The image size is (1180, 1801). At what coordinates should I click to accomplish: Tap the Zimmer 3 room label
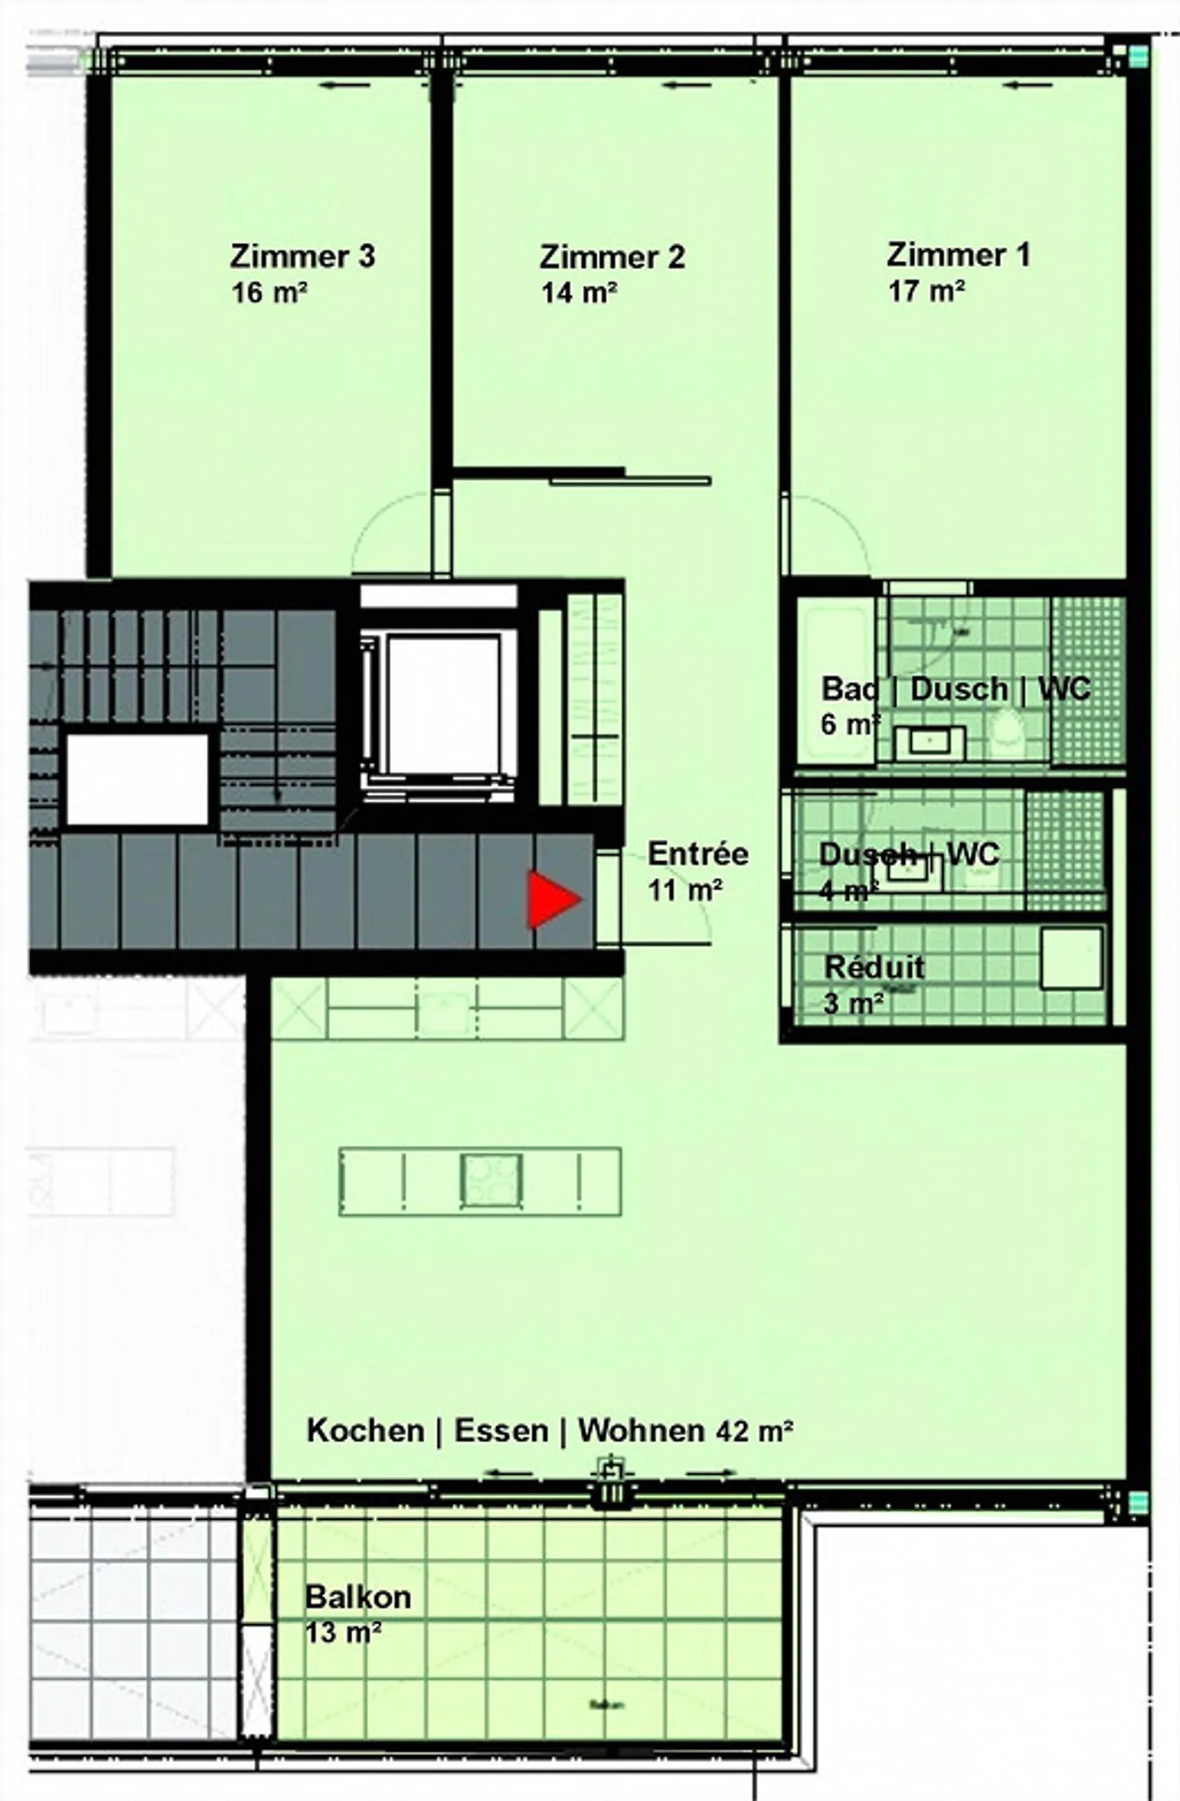(x=302, y=256)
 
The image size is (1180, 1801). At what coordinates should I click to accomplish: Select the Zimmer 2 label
(x=611, y=257)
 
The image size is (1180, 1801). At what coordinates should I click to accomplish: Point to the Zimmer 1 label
(x=958, y=254)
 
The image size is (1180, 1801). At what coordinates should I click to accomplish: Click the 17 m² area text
(x=926, y=290)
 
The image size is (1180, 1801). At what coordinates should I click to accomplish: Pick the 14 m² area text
(x=579, y=292)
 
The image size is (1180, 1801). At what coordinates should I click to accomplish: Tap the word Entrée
(x=697, y=854)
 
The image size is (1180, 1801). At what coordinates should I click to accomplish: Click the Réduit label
(x=874, y=967)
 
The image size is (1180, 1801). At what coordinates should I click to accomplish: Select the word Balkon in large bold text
(x=358, y=1596)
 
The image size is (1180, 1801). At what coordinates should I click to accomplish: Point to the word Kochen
(x=365, y=1430)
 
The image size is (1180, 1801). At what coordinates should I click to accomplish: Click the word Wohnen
(x=641, y=1430)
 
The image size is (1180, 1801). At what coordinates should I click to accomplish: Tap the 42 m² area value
(x=754, y=1431)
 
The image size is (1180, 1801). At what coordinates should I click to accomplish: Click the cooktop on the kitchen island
(x=490, y=1179)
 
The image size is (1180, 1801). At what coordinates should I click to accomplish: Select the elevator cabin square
(x=442, y=703)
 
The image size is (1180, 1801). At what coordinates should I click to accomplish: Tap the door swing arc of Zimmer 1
(x=836, y=529)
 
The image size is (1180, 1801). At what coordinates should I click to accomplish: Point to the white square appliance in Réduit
(x=1071, y=958)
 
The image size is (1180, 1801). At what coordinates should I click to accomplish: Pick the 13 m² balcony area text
(x=343, y=1632)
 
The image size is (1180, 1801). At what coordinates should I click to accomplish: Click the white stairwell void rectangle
(x=137, y=779)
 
